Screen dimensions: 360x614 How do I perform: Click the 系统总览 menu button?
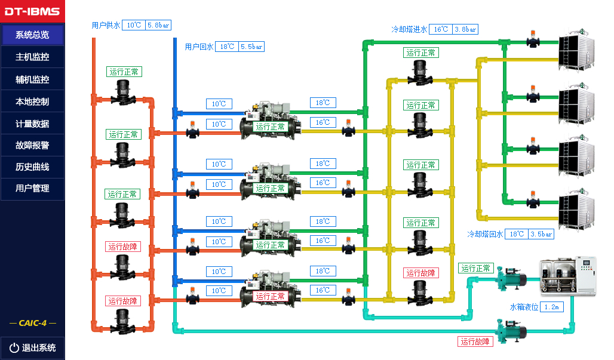click(32, 35)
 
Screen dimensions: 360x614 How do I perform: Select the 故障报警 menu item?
click(32, 145)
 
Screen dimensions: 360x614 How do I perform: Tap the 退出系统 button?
click(32, 347)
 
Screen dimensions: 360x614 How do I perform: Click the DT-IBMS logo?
click(32, 11)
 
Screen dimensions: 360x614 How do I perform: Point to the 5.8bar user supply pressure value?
click(158, 25)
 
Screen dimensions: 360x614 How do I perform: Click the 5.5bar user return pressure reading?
click(251, 47)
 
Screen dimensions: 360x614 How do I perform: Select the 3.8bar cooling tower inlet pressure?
click(465, 29)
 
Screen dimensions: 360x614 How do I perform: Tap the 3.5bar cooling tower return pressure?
click(541, 235)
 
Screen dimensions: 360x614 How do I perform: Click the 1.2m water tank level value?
click(552, 307)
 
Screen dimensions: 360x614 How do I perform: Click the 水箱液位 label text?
click(524, 307)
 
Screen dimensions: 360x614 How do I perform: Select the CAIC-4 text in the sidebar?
click(32, 323)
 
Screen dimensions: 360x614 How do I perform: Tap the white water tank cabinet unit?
click(568, 276)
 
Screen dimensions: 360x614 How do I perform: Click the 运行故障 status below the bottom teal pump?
click(475, 341)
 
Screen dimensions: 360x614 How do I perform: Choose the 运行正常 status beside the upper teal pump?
click(475, 269)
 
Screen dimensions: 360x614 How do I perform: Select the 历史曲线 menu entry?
click(32, 167)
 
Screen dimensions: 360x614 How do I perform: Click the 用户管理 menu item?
click(32, 188)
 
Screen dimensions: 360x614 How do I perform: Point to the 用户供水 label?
click(106, 25)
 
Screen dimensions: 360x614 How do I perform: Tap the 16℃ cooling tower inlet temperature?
click(441, 29)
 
